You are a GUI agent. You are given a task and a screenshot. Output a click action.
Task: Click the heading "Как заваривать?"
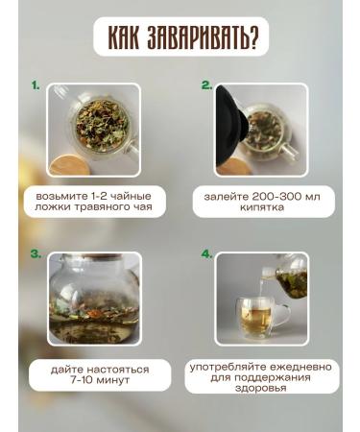click(180, 38)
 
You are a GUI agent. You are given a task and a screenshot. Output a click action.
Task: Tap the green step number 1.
click(36, 85)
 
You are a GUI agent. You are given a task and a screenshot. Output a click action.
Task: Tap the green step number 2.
click(206, 85)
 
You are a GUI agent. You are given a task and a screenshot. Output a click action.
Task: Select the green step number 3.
click(36, 254)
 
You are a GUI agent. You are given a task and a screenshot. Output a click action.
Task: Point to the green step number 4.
click(206, 254)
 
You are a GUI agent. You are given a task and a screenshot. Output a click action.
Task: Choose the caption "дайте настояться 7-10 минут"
click(93, 373)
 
